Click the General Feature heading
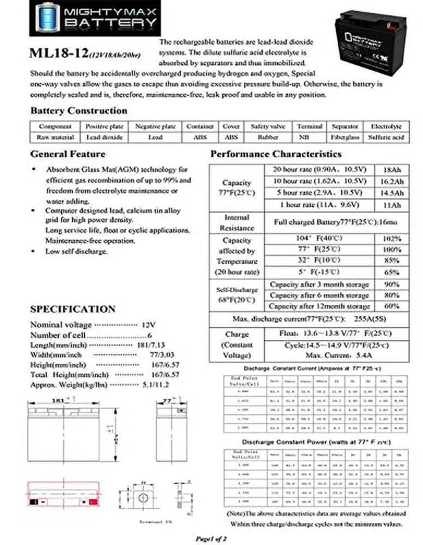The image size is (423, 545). (68, 154)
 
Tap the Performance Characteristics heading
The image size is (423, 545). (276, 154)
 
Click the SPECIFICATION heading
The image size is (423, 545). (72, 310)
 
